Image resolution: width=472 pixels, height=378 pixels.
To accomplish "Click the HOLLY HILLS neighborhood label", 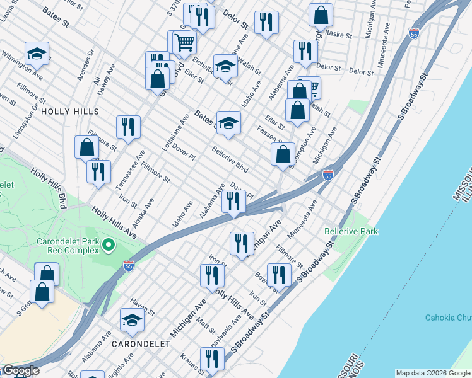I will [x=70, y=111].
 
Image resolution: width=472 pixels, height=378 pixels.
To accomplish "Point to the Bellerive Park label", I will [x=351, y=231].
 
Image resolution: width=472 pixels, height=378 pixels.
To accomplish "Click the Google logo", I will [x=20, y=370].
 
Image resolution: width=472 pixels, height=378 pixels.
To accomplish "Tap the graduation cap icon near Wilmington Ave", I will [x=37, y=55].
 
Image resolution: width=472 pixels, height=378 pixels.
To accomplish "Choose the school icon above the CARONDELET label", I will [x=132, y=321].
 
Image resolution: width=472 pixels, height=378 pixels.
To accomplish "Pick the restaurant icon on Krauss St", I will [x=211, y=359].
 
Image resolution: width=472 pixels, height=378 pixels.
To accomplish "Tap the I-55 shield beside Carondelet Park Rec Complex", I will [x=128, y=266].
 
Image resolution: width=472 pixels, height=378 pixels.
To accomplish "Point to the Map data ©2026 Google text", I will [x=432, y=373].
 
